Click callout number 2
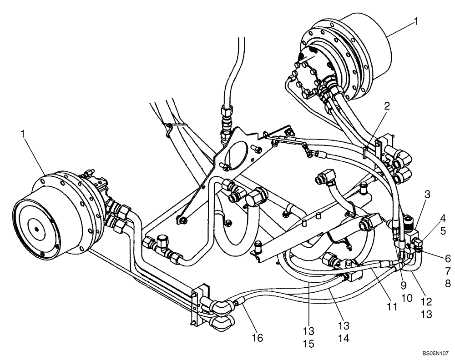(x=386, y=106)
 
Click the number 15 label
(x=308, y=344)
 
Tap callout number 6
(x=448, y=259)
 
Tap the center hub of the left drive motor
(x=35, y=226)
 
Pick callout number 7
(x=448, y=271)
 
